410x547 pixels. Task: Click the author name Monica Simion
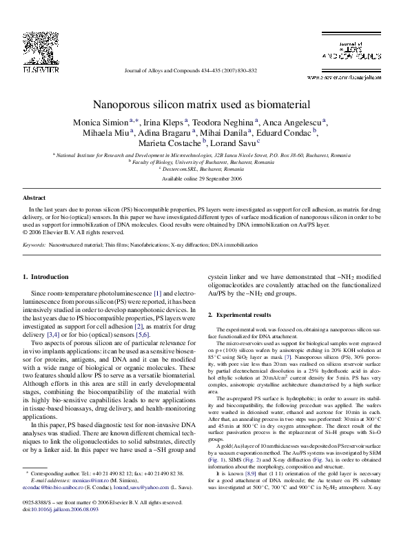[x=102, y=122]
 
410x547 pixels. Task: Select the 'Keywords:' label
[x=35, y=245]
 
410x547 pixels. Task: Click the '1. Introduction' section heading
[x=46, y=277]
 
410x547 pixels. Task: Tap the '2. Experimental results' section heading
[x=242, y=314]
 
